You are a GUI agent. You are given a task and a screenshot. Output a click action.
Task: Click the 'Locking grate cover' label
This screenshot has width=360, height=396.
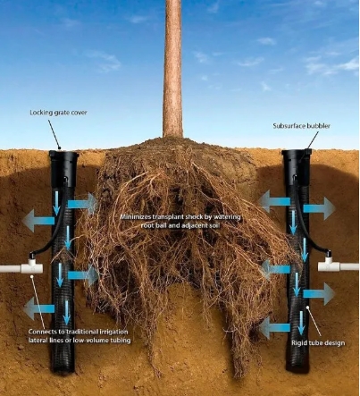tap(58, 113)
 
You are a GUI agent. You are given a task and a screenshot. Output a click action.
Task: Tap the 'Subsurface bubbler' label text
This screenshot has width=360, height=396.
tap(301, 126)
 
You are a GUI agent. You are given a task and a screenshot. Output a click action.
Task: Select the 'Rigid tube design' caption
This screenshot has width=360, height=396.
tap(318, 343)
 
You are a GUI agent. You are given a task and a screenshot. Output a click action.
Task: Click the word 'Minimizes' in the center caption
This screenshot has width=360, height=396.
tap(135, 217)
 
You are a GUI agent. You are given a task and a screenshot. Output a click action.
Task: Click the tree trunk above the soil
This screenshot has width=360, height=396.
tap(172, 69)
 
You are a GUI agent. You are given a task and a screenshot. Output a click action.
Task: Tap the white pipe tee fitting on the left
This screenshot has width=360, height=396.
tap(31, 265)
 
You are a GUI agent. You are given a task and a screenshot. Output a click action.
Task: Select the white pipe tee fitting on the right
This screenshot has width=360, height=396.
tap(329, 263)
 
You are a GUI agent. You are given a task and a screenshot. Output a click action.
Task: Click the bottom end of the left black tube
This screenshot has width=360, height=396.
tap(63, 369)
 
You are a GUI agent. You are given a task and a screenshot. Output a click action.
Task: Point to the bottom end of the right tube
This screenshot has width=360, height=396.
tap(297, 367)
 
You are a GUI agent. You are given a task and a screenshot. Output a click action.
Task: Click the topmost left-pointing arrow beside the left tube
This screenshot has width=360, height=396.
tap(38, 221)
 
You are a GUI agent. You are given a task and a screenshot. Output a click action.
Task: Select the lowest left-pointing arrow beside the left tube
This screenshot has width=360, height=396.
tap(38, 308)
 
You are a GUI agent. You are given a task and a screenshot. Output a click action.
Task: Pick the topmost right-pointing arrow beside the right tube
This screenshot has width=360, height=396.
tap(320, 208)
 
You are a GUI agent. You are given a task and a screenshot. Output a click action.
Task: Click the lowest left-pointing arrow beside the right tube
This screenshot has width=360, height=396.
tap(274, 328)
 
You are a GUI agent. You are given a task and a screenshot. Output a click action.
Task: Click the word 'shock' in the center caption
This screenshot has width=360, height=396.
tap(191, 217)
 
